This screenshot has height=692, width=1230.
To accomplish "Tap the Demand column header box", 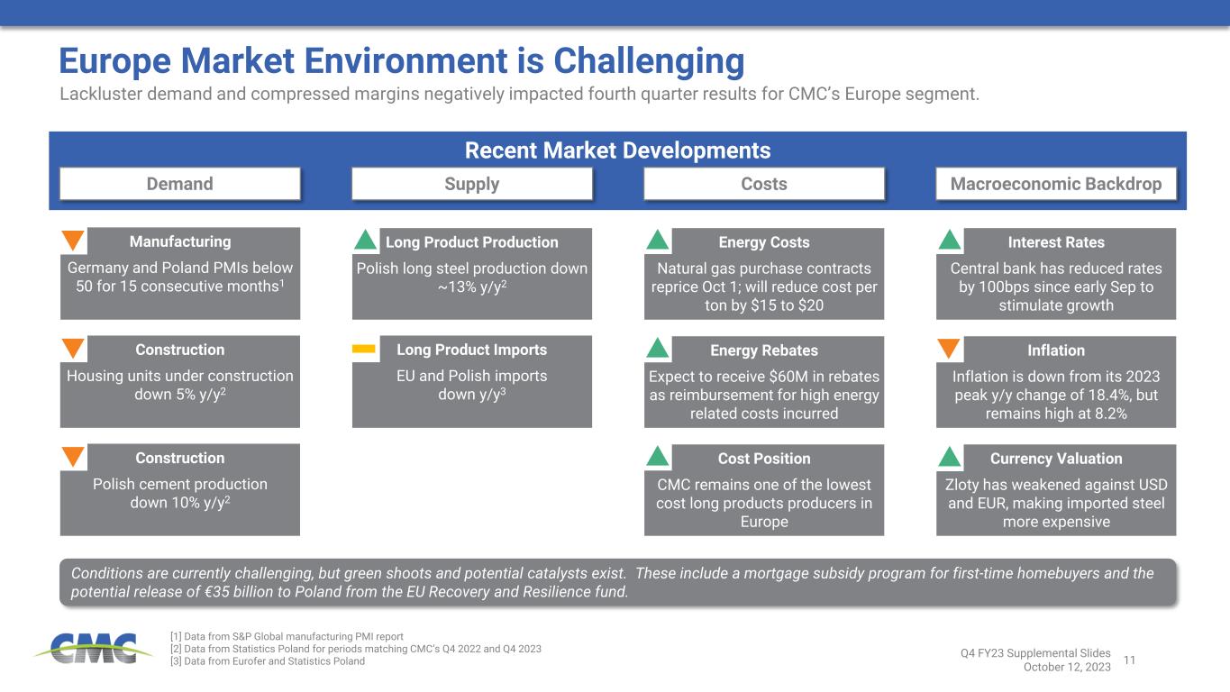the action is [180, 184].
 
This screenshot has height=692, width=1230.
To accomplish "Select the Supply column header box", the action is [472, 184].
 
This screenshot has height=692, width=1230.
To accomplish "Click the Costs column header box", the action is [764, 184].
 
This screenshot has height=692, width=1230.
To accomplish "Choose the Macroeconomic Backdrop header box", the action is [1056, 184].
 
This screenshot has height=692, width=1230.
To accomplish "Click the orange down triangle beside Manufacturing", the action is [73, 240].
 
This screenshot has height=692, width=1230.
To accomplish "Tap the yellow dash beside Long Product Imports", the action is [363, 349].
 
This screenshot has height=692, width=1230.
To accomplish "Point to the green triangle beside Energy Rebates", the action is [657, 348].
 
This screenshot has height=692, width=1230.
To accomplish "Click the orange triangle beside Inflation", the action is [949, 349].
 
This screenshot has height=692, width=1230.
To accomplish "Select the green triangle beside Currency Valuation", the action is [950, 457].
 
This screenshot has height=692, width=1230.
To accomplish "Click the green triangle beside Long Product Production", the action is [365, 240].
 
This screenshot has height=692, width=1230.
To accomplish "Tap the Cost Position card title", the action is [764, 459].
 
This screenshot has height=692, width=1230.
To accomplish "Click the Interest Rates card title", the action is [1056, 242].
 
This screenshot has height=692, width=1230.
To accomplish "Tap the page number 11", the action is [1129, 660].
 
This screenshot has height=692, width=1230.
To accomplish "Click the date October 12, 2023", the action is [1067, 667].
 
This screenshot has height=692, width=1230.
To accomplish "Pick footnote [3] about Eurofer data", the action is [268, 661].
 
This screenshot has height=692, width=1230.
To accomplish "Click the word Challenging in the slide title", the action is [649, 61].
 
